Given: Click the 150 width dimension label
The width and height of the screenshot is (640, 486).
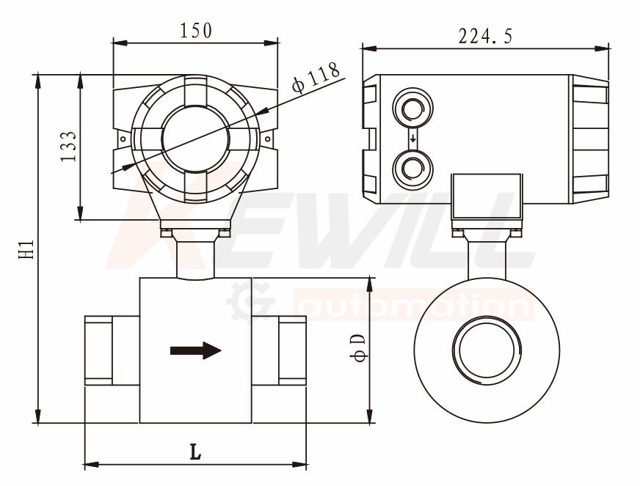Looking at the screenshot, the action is pos(196,31).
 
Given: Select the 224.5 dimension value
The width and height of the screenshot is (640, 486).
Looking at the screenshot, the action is pos(485,36).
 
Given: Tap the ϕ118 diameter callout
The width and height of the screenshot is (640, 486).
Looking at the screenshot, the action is pos(316,77).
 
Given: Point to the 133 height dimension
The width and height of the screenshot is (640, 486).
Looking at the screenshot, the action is pos(68,147).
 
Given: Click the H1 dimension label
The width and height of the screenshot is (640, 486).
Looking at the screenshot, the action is pos(26,249).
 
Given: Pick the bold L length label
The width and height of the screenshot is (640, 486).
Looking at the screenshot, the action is pos(195,452).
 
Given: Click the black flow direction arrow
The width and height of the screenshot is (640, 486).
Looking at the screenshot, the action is pos(195,350).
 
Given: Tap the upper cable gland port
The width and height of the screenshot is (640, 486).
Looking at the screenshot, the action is pos(412,108).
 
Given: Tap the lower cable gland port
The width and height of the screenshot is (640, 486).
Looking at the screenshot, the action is pos(412,169).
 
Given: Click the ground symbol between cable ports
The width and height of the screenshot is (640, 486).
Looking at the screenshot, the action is pos(412,139).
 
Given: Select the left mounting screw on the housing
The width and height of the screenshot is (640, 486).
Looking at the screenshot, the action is pos(123,139).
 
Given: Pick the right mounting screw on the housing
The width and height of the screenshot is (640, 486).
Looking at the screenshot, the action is pos(267,139).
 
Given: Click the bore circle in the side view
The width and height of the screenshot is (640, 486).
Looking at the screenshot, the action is pos(487,350).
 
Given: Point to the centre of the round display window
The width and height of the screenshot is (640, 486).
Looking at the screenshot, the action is pos(195,139).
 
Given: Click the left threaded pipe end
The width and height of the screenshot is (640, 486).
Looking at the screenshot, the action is pos(98,350).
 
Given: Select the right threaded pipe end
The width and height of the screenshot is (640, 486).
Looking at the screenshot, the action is pos(292,350).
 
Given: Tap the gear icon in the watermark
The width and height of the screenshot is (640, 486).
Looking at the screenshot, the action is pos(249,302).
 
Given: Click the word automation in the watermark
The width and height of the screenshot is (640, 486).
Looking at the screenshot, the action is pos(412,304).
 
